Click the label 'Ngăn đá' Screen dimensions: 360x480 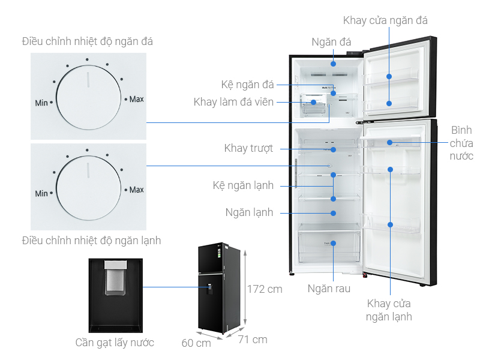tap(331, 42)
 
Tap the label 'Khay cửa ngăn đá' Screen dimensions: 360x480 tap(385, 20)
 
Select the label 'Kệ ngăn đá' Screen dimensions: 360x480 tap(247, 84)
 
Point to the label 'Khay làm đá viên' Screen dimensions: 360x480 tap(233, 102)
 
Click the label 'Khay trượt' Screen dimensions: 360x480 tap(248, 148)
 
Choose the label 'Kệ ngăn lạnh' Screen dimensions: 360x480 tap(243, 185)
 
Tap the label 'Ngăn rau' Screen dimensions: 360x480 tap(329, 289)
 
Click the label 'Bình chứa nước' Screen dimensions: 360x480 tap(462, 143)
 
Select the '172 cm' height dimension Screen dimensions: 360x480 tap(265, 289)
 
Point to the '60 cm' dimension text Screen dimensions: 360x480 tap(196, 343)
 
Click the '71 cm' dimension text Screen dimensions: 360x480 tap(252, 340)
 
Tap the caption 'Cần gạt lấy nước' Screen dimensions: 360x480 tap(115, 343)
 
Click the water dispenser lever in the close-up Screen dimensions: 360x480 tap(114, 283)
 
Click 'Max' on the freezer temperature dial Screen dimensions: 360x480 tap(136, 98)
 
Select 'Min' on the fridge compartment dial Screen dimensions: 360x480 tap(41, 194)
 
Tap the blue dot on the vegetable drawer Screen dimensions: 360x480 tap(333, 244)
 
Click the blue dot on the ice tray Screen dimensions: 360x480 tap(313, 102)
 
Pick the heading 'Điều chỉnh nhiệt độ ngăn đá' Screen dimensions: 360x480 tap(88, 41)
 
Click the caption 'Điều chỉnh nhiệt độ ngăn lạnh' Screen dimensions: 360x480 tap(91, 241)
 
